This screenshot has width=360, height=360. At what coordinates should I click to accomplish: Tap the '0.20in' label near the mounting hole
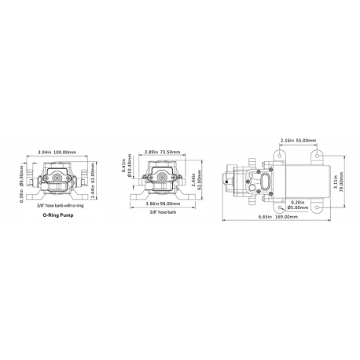coord(297,202)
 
